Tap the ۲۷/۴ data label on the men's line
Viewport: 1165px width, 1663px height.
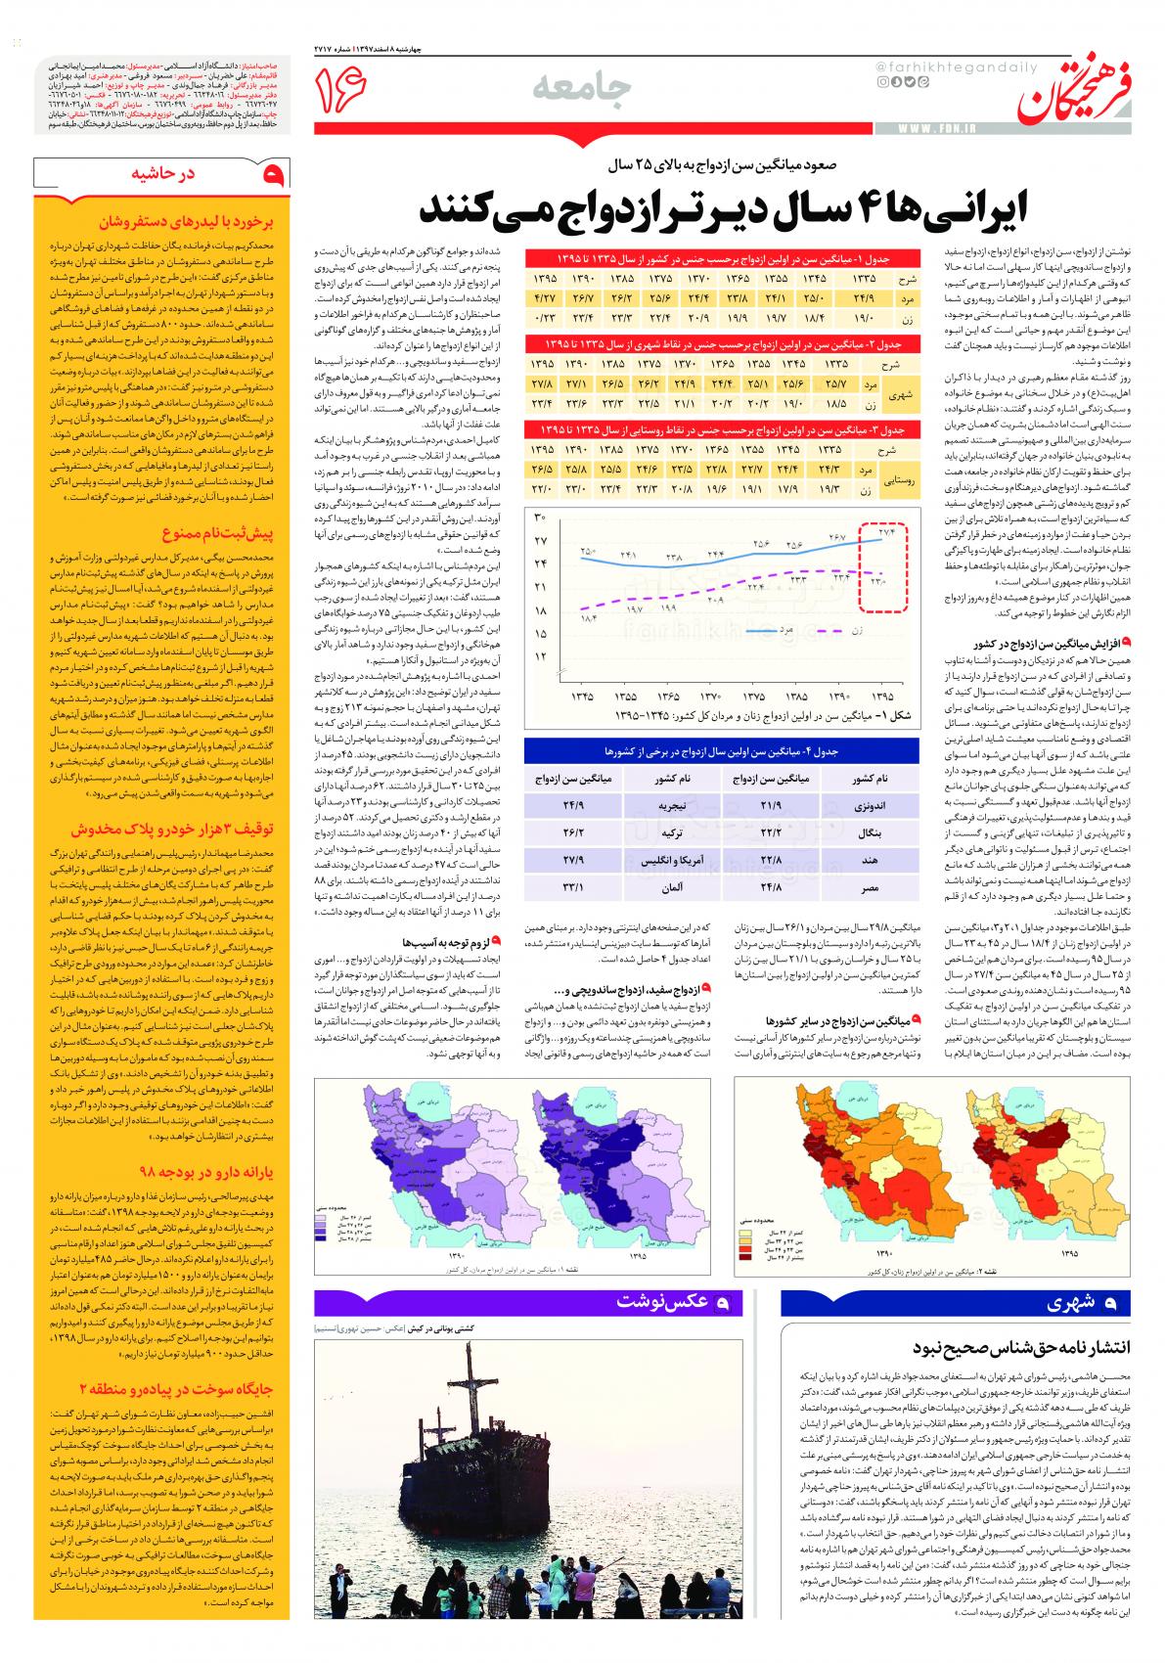tap(886, 532)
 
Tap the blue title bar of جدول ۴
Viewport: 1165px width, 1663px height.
tap(721, 750)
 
